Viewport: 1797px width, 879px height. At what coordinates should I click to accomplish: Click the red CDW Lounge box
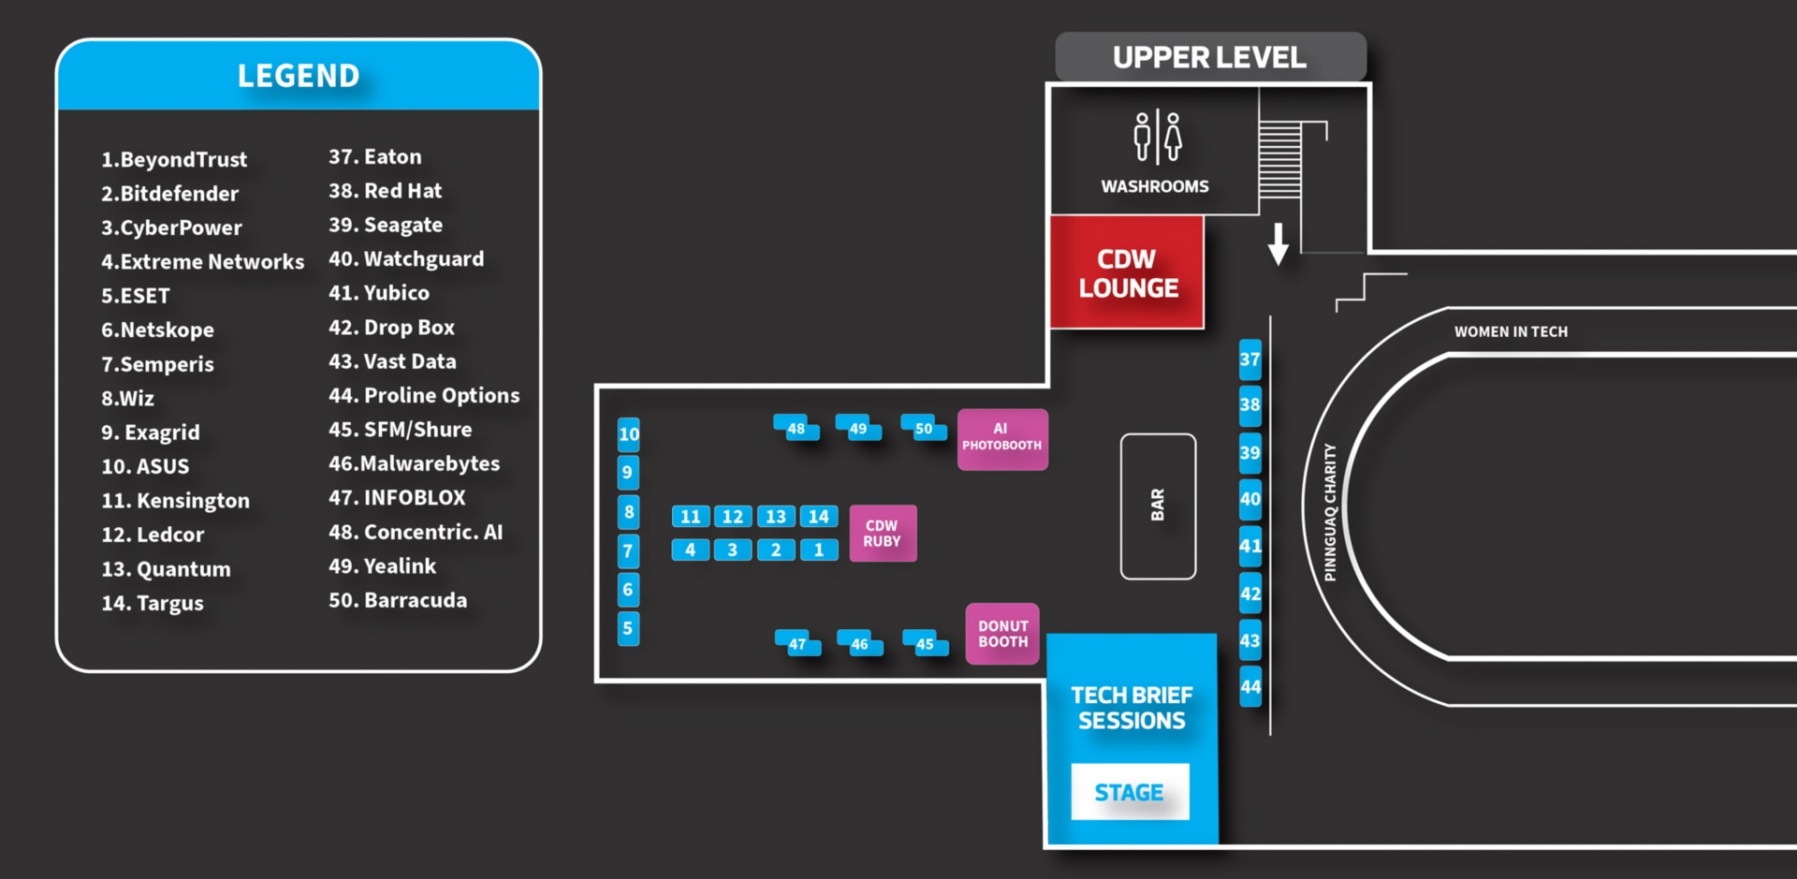point(1127,272)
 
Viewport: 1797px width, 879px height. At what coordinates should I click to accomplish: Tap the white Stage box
point(1130,792)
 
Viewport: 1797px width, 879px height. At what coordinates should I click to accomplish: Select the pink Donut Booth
point(1002,634)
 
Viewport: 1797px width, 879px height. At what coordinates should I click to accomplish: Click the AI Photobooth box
point(1001,439)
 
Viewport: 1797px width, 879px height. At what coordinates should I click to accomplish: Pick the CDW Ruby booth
point(883,534)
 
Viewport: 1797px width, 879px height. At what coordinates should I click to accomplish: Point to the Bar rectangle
point(1158,505)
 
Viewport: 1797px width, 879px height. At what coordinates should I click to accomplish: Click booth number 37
point(1249,359)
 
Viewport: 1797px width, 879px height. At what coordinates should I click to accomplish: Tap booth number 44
point(1250,687)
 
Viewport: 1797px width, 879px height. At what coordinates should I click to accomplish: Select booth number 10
point(629,434)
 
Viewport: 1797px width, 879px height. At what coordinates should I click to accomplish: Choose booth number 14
point(819,517)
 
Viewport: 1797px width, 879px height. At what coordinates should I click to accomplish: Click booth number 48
point(796,429)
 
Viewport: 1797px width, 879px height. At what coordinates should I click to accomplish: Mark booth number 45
point(925,643)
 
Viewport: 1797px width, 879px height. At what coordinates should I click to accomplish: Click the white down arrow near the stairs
point(1278,243)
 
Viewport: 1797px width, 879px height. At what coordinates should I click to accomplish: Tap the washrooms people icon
point(1158,138)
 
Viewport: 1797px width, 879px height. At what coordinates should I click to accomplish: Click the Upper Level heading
point(1209,58)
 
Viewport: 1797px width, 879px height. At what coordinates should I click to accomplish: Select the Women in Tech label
point(1511,331)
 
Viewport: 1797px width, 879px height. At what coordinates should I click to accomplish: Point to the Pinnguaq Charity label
point(1330,512)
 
